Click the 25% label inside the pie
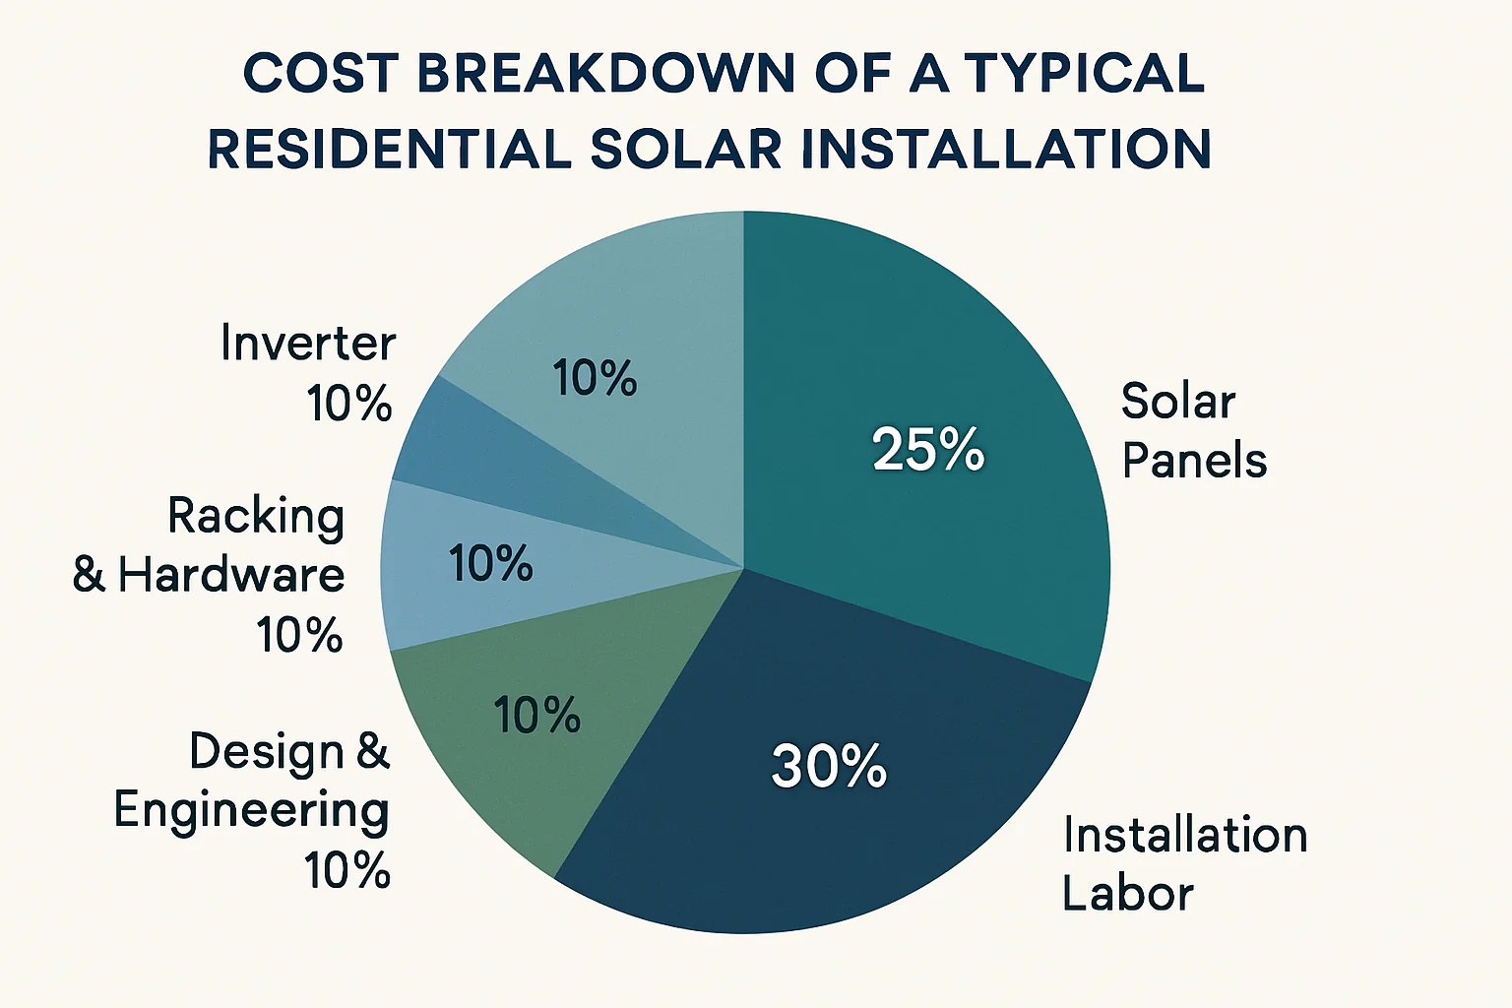927,449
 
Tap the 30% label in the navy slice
829,766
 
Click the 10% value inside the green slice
536,716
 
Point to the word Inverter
307,344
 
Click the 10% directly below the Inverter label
349,404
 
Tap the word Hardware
231,576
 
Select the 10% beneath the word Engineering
347,871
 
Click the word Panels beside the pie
1194,461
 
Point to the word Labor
1127,894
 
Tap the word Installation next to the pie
1185,836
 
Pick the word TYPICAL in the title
1085,74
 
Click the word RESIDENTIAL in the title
389,150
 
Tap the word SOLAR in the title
686,150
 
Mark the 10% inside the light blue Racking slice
490,564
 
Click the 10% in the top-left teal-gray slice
595,379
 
